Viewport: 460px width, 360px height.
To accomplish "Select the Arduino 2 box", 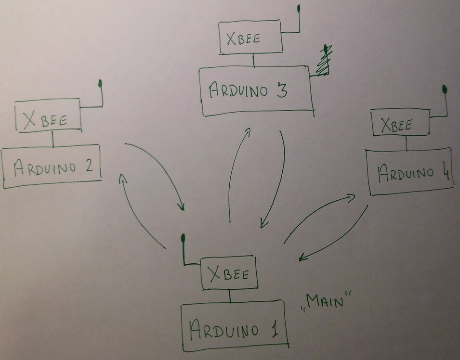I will click(x=52, y=167).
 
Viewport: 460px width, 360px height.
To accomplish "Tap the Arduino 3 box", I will click(x=255, y=91).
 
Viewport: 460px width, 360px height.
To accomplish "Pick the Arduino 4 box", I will click(x=409, y=172).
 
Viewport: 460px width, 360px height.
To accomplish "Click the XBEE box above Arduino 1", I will click(x=229, y=273).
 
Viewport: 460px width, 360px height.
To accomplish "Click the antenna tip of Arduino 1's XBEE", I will click(x=183, y=238).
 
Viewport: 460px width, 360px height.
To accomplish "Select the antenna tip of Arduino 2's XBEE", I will click(x=100, y=84).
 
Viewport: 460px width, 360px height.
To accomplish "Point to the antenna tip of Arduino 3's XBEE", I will click(x=299, y=8).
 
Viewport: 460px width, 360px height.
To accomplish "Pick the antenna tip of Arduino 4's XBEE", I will click(x=444, y=90).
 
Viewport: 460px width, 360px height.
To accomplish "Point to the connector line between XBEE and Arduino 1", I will click(x=230, y=296).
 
